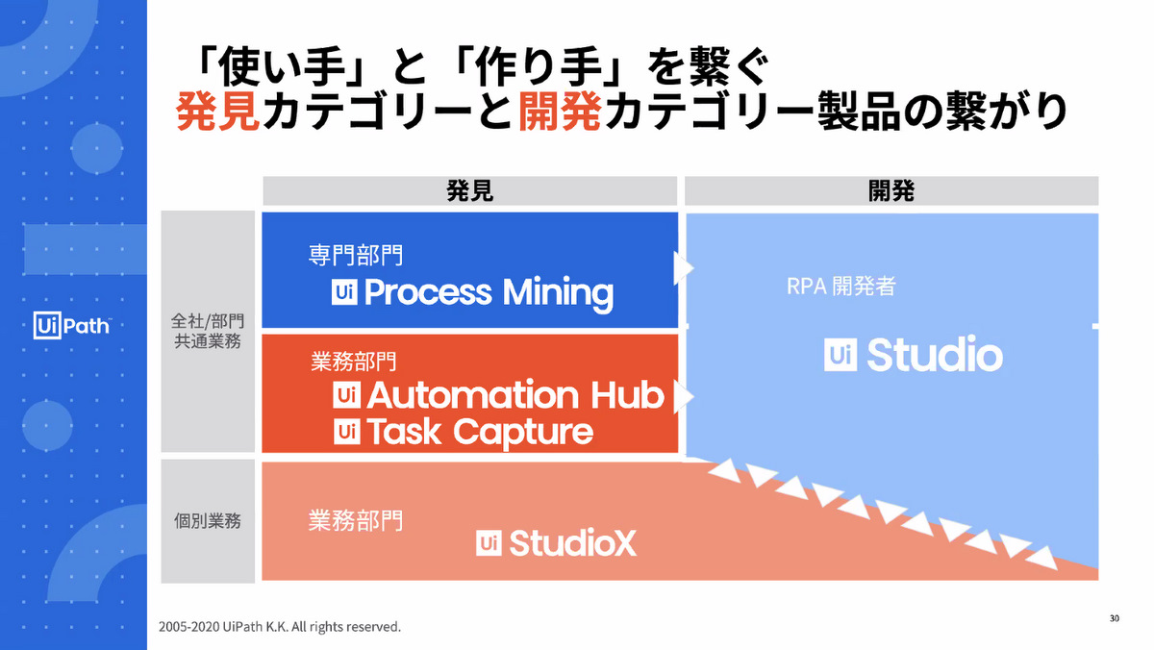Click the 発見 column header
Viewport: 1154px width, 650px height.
pos(470,190)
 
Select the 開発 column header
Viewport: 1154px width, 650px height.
pos(891,190)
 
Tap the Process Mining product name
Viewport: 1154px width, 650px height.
pos(489,291)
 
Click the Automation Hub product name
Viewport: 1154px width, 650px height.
pos(514,394)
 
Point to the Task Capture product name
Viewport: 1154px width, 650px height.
pos(479,432)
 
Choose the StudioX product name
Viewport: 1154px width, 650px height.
pos(572,543)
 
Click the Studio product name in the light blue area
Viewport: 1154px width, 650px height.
pos(934,356)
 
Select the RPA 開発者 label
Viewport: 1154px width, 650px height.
pos(840,287)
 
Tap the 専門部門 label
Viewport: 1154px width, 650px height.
pos(355,256)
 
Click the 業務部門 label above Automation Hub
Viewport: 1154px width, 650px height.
pos(354,362)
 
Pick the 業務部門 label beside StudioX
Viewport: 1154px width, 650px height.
pos(355,520)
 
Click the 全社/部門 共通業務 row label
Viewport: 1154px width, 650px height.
pos(209,332)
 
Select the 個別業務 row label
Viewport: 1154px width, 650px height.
pos(208,522)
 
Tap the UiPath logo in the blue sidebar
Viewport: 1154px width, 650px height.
pos(72,325)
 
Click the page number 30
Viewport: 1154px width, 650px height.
pos(1114,617)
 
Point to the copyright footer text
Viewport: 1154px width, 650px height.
pos(280,627)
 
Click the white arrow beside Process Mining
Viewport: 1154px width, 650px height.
pos(684,267)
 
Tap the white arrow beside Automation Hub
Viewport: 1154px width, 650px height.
pos(684,395)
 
